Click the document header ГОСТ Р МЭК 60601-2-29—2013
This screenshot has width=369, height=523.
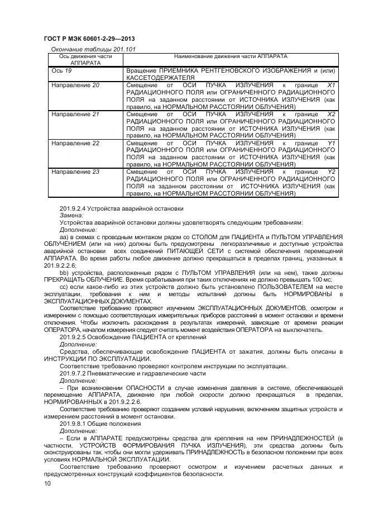click(90, 38)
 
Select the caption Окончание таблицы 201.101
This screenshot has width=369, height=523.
click(93, 49)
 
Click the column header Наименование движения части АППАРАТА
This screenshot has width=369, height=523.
click(231, 57)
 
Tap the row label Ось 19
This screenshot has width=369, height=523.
click(61, 71)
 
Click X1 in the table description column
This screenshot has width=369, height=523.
click(331, 85)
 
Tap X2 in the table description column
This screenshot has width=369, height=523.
click(331, 114)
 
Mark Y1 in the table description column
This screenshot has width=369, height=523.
click(331, 143)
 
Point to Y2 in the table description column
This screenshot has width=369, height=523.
click(331, 172)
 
